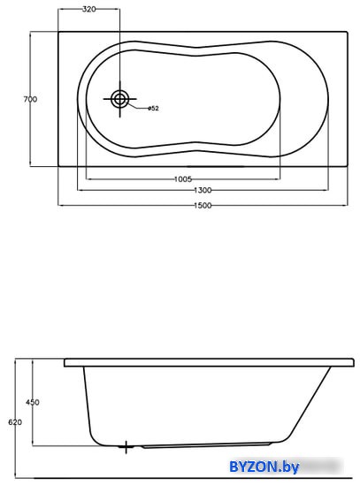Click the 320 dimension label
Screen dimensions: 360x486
pos(88,10)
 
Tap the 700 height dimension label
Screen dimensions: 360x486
pos(30,99)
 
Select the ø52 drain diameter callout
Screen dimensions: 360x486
pos(153,108)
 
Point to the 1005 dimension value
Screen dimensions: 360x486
pos(183,179)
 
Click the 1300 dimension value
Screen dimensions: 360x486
pos(203,190)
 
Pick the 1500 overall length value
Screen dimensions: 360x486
pos(203,205)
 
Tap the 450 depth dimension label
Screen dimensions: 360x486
pos(32,402)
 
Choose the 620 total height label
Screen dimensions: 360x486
pos(15,422)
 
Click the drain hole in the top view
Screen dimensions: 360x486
pos(119,99)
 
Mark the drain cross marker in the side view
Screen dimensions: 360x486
pos(126,447)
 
